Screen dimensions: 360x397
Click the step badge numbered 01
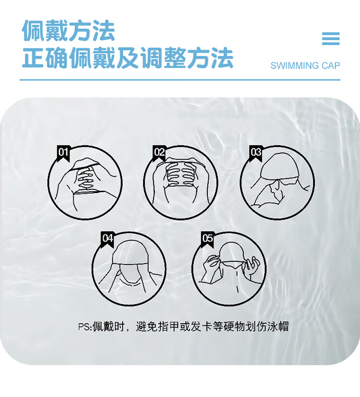point(63,153)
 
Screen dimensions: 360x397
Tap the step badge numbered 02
point(159,153)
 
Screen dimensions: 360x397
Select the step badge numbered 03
point(255,153)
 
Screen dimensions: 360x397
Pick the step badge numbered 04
point(107,239)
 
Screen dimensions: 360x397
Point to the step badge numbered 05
point(208,239)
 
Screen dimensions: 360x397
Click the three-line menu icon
point(331,39)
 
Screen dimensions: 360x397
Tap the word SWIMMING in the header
point(295,66)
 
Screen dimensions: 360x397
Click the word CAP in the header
point(331,66)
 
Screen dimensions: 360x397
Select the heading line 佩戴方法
point(69,31)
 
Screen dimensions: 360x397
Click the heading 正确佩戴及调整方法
point(128,58)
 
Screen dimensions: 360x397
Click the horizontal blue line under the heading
point(180,80)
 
